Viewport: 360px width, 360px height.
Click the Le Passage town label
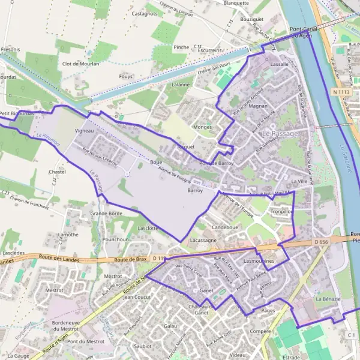click(x=280, y=133)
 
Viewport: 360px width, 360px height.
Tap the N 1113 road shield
click(x=340, y=92)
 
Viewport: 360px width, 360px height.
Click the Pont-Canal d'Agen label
click(x=302, y=32)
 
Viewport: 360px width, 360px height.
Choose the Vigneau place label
click(x=85, y=130)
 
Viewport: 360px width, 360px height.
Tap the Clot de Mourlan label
click(x=80, y=64)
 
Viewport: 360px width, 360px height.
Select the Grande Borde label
click(x=106, y=213)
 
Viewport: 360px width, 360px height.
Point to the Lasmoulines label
click(x=259, y=262)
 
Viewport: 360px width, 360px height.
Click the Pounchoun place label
click(x=116, y=239)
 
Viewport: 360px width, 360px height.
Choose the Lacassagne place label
click(x=203, y=239)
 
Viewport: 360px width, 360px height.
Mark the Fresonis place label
click(x=10, y=49)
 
